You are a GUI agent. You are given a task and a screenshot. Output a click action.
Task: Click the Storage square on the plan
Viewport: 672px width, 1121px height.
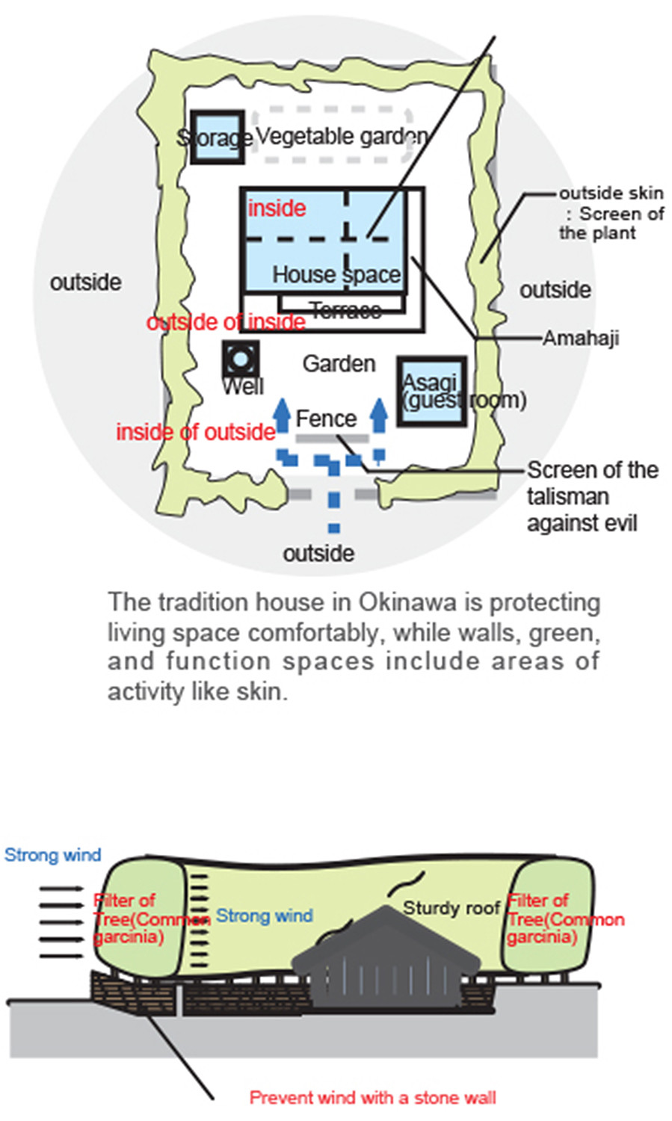pyautogui.click(x=217, y=137)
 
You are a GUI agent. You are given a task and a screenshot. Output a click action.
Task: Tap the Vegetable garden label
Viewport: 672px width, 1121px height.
pyautogui.click(x=342, y=136)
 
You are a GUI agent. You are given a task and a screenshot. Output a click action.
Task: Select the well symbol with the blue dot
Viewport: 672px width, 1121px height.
pyautogui.click(x=240, y=359)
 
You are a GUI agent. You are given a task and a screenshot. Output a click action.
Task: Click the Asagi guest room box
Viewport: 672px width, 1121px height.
pyautogui.click(x=432, y=391)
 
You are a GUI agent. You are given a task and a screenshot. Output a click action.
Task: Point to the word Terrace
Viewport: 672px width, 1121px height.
pyautogui.click(x=345, y=309)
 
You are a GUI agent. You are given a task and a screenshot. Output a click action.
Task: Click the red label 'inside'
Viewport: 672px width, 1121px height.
pyautogui.click(x=277, y=208)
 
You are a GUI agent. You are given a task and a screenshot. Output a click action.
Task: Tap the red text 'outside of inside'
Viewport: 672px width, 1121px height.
pyautogui.click(x=226, y=322)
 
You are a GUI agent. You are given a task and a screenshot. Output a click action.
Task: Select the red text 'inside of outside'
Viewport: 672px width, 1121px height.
pyautogui.click(x=195, y=432)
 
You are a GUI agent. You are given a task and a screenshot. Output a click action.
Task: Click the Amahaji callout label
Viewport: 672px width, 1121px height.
pyautogui.click(x=581, y=339)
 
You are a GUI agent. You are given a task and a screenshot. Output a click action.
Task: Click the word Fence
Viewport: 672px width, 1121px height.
pyautogui.click(x=326, y=419)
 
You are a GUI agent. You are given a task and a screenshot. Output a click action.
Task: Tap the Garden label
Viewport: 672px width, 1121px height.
pyautogui.click(x=339, y=364)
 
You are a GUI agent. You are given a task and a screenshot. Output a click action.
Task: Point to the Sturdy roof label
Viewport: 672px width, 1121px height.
pyautogui.click(x=451, y=908)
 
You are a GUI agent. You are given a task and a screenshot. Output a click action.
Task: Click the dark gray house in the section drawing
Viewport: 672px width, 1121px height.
pyautogui.click(x=385, y=964)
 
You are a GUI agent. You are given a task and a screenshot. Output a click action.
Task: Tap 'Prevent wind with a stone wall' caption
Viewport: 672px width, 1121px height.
pyautogui.click(x=372, y=1098)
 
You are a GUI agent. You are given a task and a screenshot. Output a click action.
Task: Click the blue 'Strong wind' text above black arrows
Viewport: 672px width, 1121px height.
pyautogui.click(x=52, y=855)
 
